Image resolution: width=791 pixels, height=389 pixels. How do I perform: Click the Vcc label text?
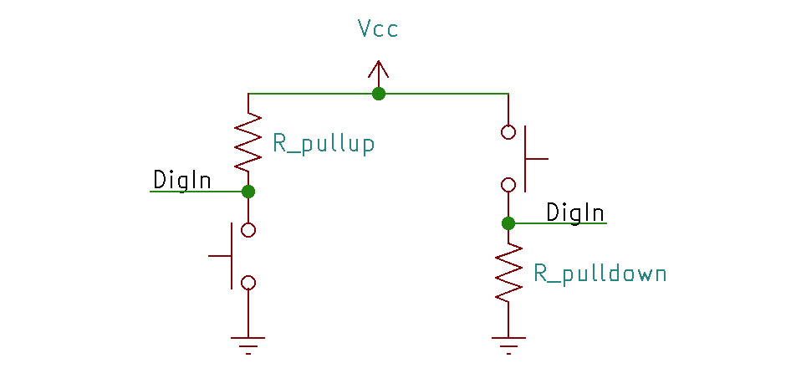[378, 29]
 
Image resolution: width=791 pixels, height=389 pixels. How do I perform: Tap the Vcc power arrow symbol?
[379, 72]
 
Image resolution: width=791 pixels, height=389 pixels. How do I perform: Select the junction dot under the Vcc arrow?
[379, 94]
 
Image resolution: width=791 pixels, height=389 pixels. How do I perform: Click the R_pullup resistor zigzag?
[248, 142]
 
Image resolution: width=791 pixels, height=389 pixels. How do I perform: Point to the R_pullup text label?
[323, 144]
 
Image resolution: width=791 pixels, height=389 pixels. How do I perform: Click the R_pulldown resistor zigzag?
[508, 272]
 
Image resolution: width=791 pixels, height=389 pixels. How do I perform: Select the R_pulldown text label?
[600, 274]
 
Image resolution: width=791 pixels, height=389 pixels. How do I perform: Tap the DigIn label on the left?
[181, 180]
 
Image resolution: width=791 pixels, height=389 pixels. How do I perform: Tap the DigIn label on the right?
[575, 212]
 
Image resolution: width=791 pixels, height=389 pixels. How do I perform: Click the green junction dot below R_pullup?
[248, 192]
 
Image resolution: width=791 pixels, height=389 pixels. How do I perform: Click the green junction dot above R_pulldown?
[508, 223]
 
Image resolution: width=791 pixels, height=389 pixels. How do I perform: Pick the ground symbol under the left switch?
[248, 343]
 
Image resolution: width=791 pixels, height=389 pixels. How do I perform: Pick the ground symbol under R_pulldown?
[508, 343]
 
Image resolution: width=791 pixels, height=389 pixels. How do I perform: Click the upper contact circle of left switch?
[248, 230]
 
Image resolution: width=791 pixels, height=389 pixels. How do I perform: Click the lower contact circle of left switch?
[248, 283]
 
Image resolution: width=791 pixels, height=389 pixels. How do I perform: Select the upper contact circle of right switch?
[508, 132]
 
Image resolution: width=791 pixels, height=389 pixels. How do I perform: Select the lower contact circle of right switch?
[508, 185]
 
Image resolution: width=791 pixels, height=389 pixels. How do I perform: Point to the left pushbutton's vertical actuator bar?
[232, 256]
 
